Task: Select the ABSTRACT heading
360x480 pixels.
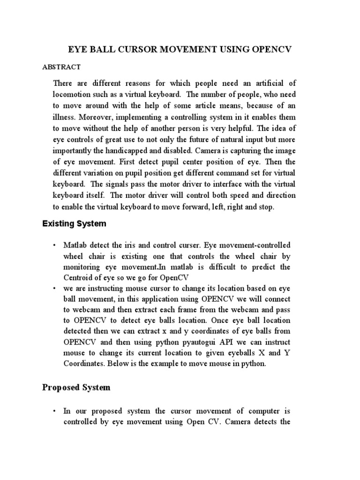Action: click(x=61, y=67)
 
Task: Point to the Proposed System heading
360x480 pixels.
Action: click(x=76, y=387)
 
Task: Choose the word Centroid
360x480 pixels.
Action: click(x=79, y=277)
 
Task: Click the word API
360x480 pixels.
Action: click(x=218, y=342)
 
